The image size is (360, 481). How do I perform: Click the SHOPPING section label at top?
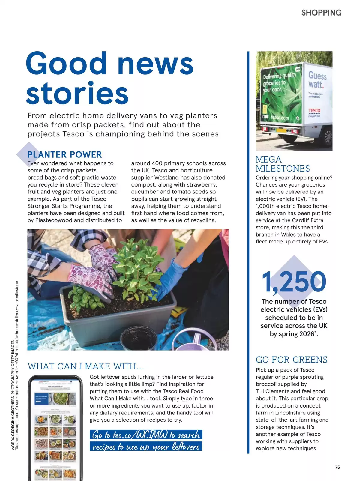click(321, 13)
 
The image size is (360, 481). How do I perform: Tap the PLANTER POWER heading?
click(64, 154)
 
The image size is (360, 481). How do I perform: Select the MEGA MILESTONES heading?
click(283, 164)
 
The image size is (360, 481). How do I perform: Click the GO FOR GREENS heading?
click(291, 360)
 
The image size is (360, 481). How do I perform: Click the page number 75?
click(337, 467)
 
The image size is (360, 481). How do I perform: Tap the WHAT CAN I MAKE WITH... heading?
click(86, 366)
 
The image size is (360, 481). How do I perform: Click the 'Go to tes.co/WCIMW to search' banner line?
click(146, 435)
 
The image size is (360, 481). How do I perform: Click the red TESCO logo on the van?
click(314, 111)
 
